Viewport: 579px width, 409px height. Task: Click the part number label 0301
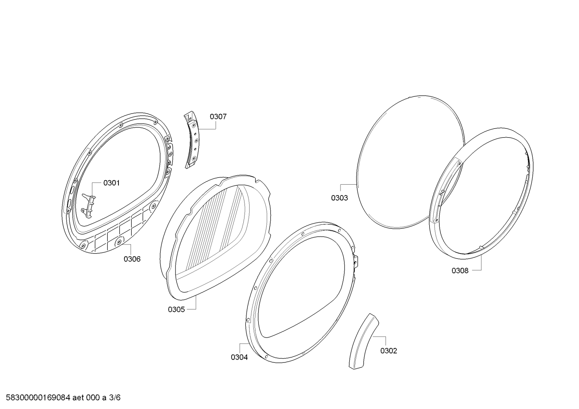(111, 183)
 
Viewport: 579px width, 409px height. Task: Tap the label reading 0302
(389, 351)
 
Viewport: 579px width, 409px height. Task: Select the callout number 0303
(339, 198)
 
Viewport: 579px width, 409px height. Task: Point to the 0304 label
(239, 357)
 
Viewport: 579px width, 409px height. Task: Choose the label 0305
(176, 309)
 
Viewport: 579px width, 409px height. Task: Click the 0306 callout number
(132, 259)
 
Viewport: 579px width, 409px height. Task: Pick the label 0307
(218, 117)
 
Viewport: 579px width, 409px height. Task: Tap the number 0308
(460, 271)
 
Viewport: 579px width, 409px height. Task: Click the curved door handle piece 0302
(363, 342)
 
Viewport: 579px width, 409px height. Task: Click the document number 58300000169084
(38, 398)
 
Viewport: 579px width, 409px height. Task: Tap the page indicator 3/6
(114, 398)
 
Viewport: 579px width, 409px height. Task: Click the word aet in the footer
(78, 398)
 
